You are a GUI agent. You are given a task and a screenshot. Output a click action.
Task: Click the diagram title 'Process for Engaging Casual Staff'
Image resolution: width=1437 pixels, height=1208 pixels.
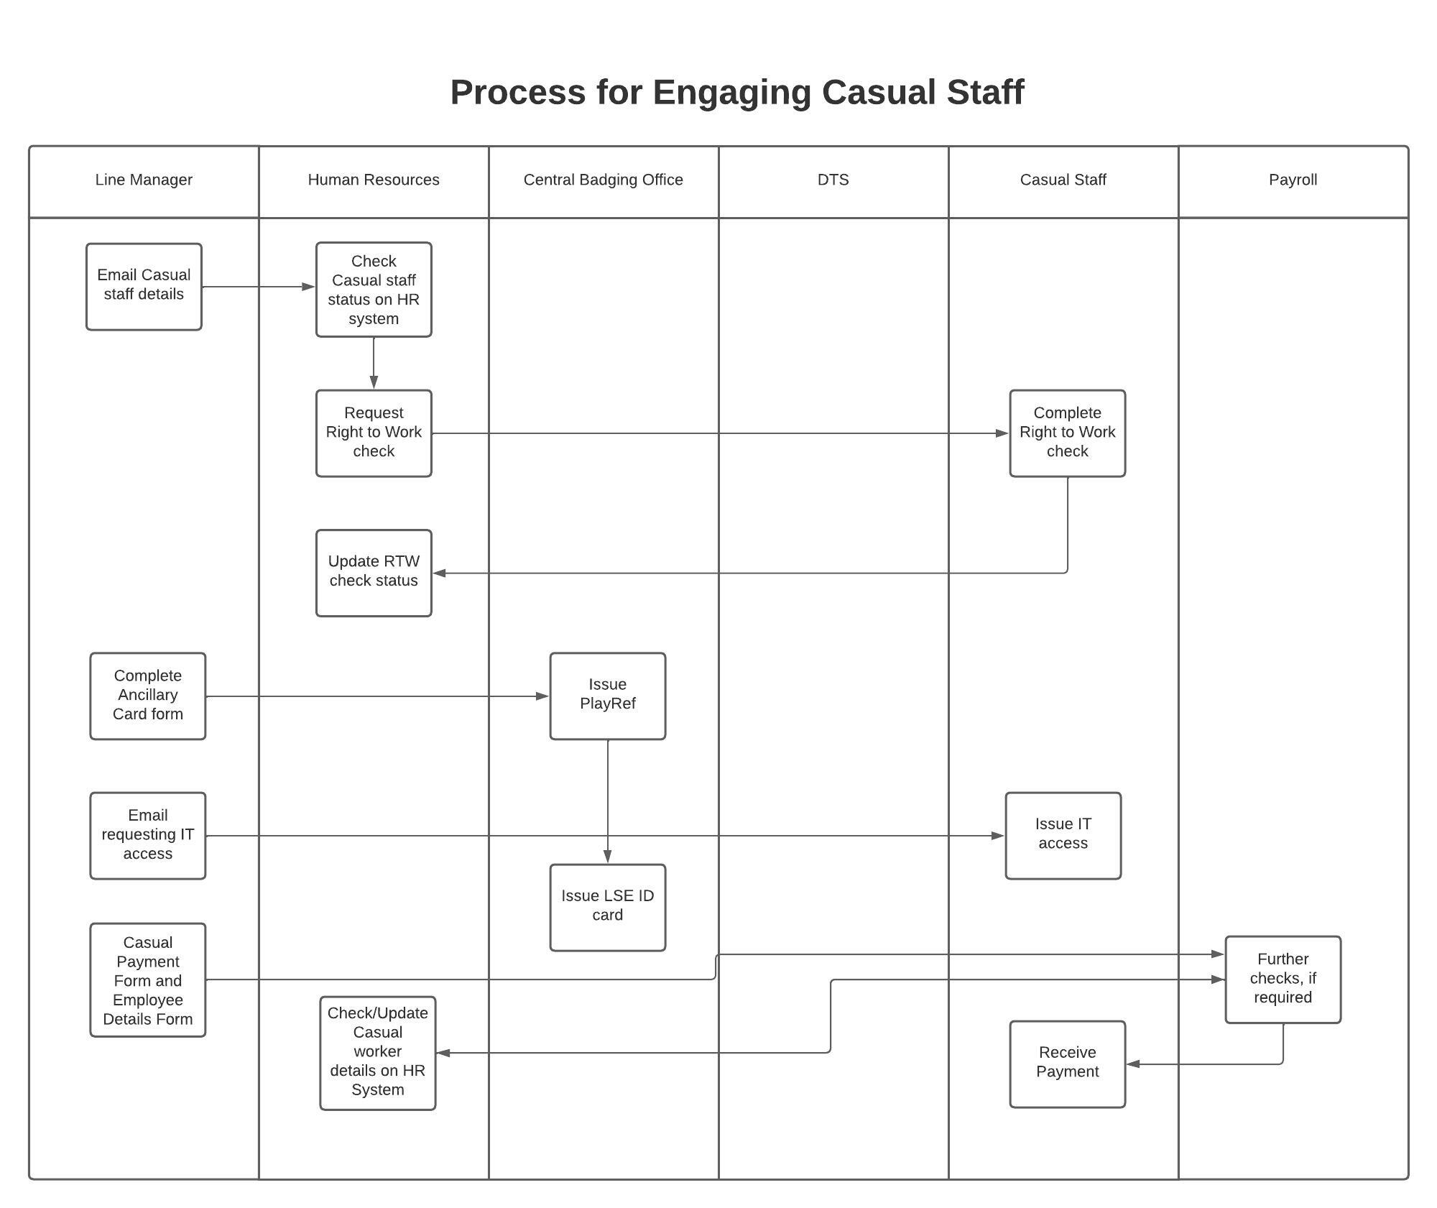pyautogui.click(x=736, y=93)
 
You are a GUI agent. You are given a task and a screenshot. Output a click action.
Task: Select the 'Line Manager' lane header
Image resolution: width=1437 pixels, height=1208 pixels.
pyautogui.click(x=144, y=180)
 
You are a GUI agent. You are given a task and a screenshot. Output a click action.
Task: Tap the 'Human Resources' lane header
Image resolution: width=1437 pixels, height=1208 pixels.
pyautogui.click(x=374, y=180)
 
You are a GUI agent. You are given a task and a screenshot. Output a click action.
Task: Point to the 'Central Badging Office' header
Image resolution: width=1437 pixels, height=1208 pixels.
pyautogui.click(x=603, y=180)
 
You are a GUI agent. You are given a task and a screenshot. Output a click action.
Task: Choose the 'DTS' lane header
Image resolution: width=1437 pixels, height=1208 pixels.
pyautogui.click(x=833, y=180)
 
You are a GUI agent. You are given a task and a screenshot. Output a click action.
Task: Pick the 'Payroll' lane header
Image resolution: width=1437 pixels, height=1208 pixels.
pyautogui.click(x=1293, y=180)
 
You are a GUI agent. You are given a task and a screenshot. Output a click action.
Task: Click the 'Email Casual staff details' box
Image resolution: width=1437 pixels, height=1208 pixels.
pyautogui.click(x=144, y=286)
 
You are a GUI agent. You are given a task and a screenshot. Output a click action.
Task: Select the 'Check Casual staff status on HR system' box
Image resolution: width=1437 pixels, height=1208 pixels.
pyautogui.click(x=374, y=290)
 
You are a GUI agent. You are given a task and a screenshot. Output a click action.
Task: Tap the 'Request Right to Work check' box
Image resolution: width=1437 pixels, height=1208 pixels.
pyautogui.click(x=374, y=433)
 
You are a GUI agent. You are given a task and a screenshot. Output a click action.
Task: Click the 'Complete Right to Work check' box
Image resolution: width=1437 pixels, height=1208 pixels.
pyautogui.click(x=1067, y=433)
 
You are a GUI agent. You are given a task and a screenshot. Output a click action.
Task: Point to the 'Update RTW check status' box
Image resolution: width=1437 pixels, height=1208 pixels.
pyautogui.click(x=374, y=572)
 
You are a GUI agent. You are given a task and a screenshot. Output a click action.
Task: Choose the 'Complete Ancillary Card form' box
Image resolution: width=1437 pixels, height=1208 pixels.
pyautogui.click(x=147, y=695)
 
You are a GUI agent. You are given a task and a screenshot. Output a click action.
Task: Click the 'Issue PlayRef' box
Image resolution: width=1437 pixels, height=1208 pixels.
pyautogui.click(x=607, y=695)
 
